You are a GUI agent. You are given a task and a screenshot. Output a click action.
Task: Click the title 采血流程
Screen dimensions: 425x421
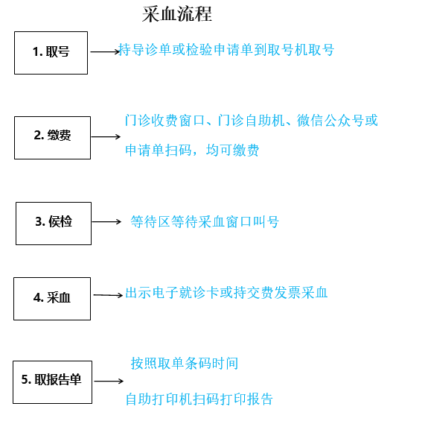177,14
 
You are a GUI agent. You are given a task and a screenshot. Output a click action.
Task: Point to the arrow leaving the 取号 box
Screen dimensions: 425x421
105,52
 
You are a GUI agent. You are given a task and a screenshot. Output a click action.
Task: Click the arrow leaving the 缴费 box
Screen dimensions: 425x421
106,136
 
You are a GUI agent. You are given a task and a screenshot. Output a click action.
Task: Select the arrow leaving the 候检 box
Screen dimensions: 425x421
106,222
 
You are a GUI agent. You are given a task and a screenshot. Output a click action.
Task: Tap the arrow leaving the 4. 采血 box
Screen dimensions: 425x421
108,295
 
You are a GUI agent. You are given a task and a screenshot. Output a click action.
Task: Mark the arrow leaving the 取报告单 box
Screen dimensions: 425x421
109,381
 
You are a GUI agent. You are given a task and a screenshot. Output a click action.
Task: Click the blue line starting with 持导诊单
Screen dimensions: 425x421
226,50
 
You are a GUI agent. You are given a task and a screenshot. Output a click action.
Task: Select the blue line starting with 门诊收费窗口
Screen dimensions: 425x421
252,121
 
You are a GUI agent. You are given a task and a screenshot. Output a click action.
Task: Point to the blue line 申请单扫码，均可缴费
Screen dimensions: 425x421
192,150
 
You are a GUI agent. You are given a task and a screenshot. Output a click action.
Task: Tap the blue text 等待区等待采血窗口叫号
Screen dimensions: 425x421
205,222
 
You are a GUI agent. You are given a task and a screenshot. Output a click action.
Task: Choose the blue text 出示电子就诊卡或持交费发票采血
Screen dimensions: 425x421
226,293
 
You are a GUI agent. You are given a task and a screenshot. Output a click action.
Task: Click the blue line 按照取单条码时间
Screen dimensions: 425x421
185,363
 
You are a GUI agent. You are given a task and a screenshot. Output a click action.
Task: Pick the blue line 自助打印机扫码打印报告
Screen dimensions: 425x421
199,399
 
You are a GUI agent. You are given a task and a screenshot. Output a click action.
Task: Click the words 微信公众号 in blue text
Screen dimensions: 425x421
330,121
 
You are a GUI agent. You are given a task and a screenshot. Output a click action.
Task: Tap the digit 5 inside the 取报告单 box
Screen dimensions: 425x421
25,379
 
